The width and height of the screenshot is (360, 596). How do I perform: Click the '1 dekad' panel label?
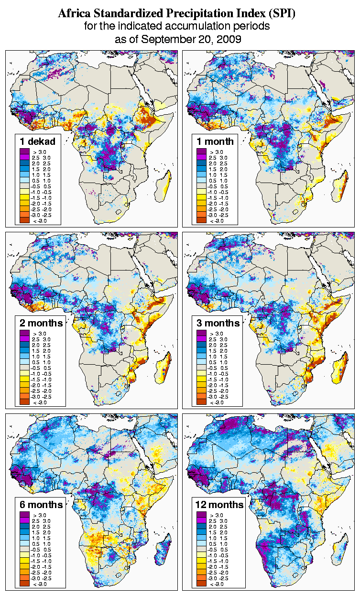(38, 141)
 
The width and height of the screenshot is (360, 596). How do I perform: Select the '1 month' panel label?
(215, 141)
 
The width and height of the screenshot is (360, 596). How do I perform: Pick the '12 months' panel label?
(219, 505)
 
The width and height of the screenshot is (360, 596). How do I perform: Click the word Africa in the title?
(72, 13)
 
